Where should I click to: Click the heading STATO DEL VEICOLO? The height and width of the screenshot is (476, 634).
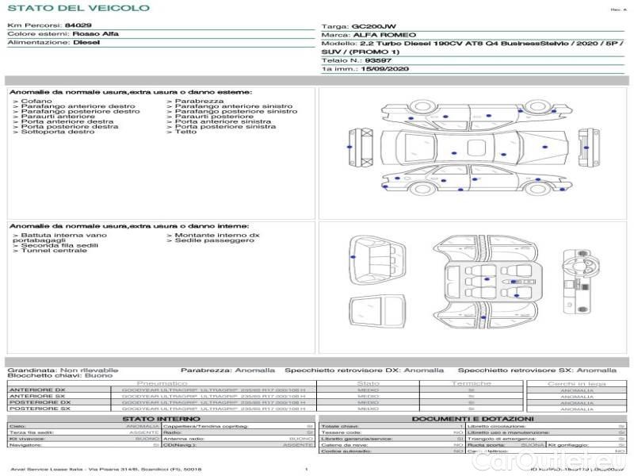(x=78, y=9)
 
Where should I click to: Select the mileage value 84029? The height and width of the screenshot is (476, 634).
(x=78, y=25)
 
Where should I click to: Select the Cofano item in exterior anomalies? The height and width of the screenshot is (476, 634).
(x=37, y=101)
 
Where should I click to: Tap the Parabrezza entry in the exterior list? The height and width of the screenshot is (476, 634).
(x=200, y=101)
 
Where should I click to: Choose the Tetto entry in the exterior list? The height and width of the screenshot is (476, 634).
(x=186, y=132)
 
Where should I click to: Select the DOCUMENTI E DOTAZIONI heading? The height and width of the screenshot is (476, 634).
(x=472, y=418)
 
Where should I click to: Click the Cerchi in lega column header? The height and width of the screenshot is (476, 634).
(x=576, y=383)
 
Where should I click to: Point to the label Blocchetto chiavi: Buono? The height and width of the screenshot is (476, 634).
(x=59, y=375)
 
